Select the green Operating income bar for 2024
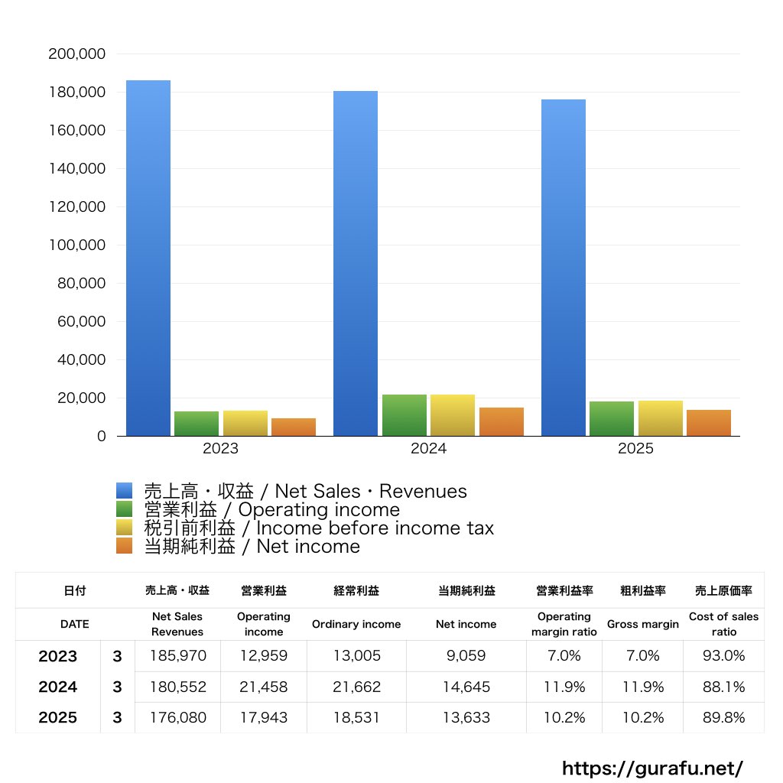(x=404, y=415)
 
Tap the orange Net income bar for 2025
(x=708, y=423)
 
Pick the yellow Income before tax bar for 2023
(x=245, y=423)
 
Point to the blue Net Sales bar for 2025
(x=564, y=268)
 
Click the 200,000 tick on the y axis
(x=76, y=54)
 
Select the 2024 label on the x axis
(x=428, y=449)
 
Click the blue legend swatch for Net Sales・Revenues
(x=125, y=491)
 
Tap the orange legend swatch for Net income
(x=125, y=546)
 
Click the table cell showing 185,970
(x=177, y=656)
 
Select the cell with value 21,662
(x=356, y=687)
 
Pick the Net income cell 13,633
(x=466, y=718)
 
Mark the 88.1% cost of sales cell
(x=723, y=687)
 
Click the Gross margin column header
(x=642, y=624)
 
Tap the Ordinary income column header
(x=356, y=624)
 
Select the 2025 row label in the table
(x=58, y=718)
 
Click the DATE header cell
(x=75, y=624)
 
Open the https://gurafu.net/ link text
(x=652, y=768)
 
